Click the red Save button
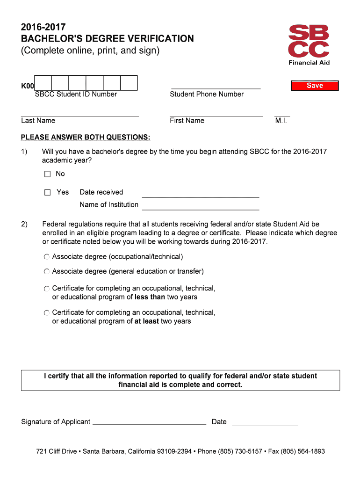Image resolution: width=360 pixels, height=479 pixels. (x=315, y=86)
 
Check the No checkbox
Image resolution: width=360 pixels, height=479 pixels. (x=47, y=174)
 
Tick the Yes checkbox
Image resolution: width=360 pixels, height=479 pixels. (x=47, y=192)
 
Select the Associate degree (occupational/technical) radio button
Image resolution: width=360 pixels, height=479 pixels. (x=46, y=257)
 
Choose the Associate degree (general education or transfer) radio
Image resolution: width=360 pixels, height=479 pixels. (x=46, y=271)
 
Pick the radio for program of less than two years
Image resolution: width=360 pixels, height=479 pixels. (x=46, y=289)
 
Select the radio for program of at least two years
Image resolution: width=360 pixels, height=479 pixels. (x=46, y=312)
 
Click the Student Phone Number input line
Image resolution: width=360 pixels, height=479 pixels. (x=216, y=85)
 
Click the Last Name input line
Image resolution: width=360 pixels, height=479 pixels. (x=79, y=112)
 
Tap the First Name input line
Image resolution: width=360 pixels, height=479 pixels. (x=216, y=112)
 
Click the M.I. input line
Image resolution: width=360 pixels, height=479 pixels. (x=282, y=112)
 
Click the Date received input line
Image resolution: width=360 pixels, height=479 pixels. (x=200, y=193)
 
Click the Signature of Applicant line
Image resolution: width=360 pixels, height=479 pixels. (x=149, y=422)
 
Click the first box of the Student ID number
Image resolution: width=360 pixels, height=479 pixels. (x=43, y=83)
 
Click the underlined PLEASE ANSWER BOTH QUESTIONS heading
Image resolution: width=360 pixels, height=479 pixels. (x=86, y=137)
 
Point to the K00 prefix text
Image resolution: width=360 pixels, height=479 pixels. (x=28, y=86)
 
